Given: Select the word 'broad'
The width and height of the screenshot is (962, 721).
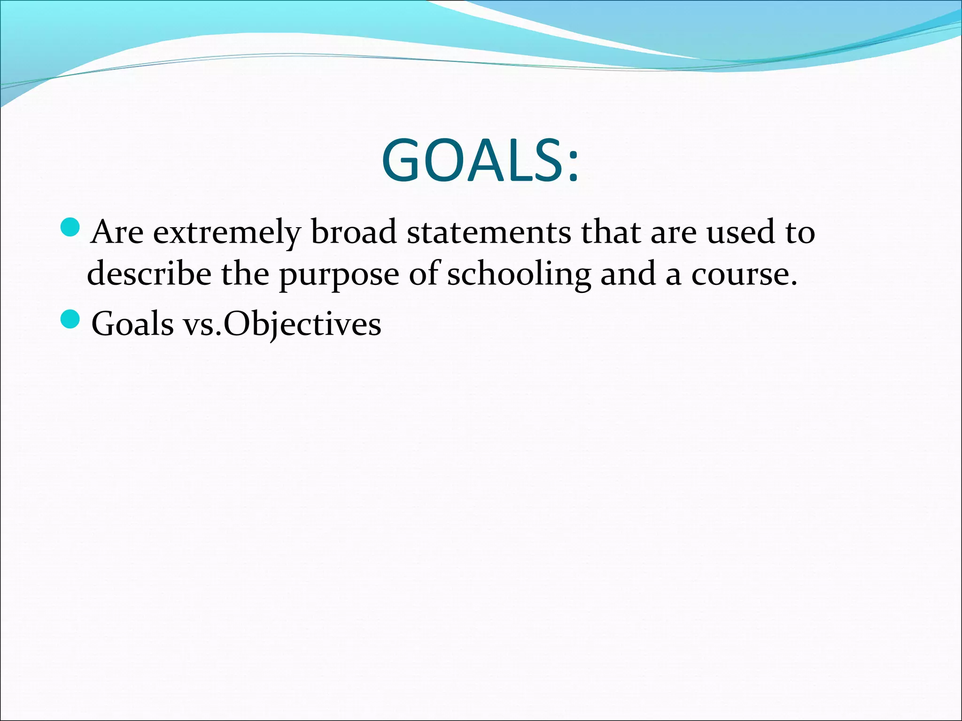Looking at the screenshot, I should [x=354, y=232].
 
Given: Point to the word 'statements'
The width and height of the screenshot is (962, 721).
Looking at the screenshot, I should [x=489, y=232].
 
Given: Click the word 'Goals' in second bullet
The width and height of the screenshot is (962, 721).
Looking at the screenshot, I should [x=132, y=324].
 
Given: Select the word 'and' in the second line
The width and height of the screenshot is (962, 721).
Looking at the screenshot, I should [x=628, y=274].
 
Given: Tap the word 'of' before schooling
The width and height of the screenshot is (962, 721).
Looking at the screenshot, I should [x=424, y=274].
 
